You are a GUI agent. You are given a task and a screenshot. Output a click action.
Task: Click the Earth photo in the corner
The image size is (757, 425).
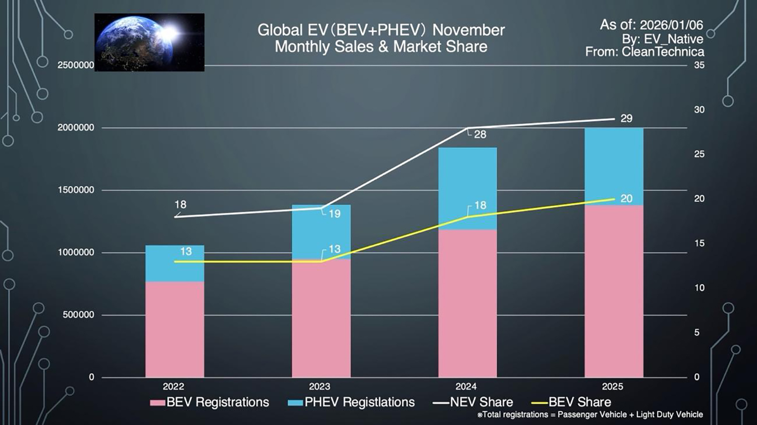149,42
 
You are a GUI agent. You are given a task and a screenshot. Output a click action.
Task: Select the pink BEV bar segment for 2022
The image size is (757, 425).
175,329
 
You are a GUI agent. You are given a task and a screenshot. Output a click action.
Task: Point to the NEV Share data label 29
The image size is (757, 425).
626,119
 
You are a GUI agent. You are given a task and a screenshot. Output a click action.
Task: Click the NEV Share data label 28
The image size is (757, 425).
480,135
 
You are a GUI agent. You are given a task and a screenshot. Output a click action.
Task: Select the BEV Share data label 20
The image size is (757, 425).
626,199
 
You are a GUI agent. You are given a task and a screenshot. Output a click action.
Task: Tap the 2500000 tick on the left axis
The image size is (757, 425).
76,66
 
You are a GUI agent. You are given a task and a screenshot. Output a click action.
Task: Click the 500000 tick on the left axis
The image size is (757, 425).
78,315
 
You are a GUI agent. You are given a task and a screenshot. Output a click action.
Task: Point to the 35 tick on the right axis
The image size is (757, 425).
699,65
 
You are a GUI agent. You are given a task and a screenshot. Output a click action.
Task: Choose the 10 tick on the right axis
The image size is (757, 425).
699,288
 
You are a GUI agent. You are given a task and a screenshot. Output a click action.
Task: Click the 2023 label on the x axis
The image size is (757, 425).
319,387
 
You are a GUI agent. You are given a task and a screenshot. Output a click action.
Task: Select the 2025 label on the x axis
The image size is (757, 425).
612,387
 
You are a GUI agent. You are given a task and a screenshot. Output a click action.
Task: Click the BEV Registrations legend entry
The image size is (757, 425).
210,402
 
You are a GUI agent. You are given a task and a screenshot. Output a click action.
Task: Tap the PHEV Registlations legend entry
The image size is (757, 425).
351,402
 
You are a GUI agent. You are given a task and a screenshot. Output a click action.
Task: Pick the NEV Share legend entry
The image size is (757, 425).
473,402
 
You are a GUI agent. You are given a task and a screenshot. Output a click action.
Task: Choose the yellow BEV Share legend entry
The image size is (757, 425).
572,402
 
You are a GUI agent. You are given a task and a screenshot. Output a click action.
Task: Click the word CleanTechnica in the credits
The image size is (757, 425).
663,51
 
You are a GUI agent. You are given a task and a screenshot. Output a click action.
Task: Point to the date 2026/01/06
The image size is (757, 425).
671,25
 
